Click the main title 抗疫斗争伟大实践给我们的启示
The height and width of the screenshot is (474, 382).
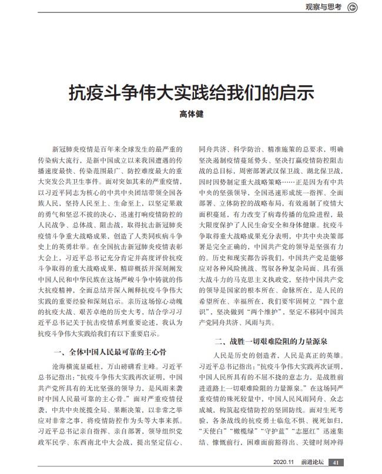tap(190, 93)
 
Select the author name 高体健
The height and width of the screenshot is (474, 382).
tap(190, 114)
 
